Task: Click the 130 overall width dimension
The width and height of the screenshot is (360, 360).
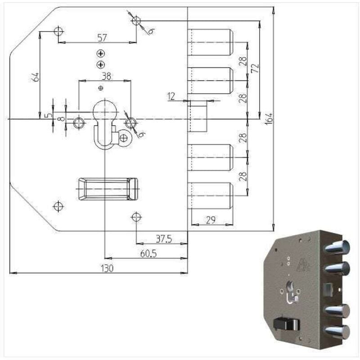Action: point(107,268)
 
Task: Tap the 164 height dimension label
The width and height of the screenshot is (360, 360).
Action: point(269,119)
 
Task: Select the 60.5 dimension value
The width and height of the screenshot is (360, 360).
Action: point(148,254)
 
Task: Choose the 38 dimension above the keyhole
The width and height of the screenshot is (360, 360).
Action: point(106,76)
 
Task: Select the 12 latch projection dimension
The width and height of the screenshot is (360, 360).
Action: point(170,96)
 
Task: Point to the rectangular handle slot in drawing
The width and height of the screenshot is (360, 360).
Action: point(108,189)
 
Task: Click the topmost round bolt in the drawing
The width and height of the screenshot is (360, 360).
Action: point(210,42)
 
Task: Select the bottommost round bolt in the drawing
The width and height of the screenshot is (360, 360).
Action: point(210,195)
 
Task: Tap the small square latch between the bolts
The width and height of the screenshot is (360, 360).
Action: point(198,116)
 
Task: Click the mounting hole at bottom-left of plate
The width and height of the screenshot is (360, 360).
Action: point(58,206)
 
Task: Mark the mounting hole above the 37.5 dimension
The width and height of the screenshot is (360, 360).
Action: point(136,217)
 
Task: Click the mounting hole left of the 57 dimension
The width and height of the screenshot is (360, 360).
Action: point(58,31)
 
